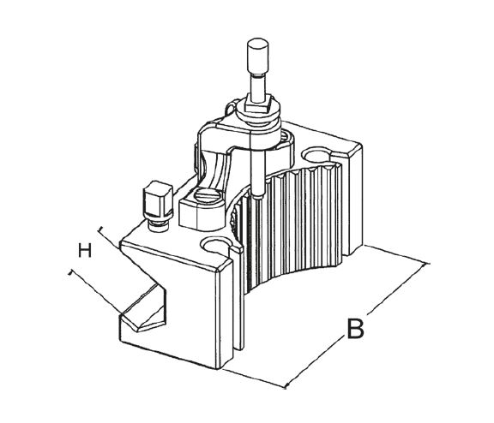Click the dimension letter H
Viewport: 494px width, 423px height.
[85, 251]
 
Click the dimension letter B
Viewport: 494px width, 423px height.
[355, 329]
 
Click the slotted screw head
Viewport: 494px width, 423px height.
[206, 196]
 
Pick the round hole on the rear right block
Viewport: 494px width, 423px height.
[316, 155]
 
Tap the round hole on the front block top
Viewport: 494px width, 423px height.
[215, 245]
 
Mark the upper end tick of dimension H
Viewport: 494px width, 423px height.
[101, 229]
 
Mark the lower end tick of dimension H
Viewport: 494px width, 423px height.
[71, 272]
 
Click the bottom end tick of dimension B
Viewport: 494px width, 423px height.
[286, 386]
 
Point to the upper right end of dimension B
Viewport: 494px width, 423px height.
[426, 264]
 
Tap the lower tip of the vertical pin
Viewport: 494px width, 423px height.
[258, 198]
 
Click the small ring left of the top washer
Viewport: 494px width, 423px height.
[231, 108]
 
